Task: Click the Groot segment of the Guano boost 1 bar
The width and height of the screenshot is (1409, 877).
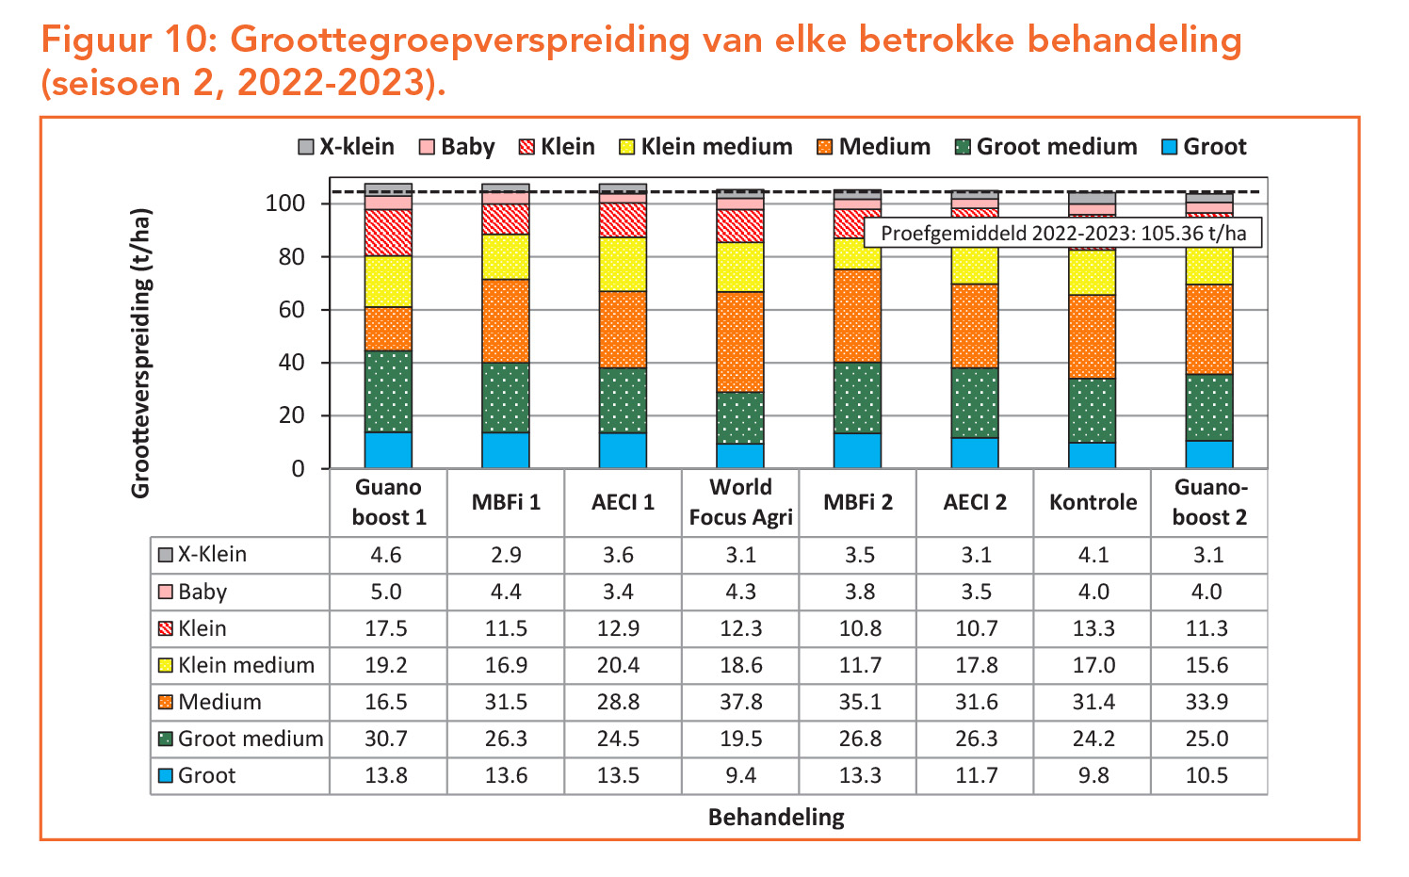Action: (x=388, y=450)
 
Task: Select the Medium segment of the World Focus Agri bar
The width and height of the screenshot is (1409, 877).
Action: (x=740, y=342)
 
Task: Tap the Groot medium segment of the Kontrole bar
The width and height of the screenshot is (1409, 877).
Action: (x=1092, y=411)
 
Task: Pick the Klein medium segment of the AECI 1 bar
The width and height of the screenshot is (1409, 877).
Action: (x=623, y=264)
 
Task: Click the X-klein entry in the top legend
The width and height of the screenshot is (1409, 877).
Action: (x=346, y=147)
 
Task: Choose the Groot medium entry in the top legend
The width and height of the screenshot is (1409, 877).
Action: (x=1045, y=147)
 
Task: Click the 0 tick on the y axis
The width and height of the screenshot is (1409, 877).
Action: (x=298, y=469)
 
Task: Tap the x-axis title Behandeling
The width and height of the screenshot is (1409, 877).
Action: (x=776, y=817)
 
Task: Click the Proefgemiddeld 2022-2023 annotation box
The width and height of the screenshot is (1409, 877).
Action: (x=1063, y=233)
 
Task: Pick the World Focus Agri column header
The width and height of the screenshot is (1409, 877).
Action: (x=740, y=502)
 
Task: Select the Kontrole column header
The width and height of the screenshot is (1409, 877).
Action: (x=1093, y=502)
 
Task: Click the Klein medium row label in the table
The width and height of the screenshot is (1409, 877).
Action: (x=246, y=665)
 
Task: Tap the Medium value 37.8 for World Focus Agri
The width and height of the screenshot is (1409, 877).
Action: (x=740, y=702)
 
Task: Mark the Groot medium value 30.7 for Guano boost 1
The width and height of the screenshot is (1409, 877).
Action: (x=386, y=739)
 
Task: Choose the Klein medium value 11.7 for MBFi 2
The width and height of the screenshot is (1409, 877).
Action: (x=859, y=665)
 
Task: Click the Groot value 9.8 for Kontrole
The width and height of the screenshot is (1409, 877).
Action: (x=1093, y=775)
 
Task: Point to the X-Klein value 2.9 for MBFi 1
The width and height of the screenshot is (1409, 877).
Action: (x=506, y=555)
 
